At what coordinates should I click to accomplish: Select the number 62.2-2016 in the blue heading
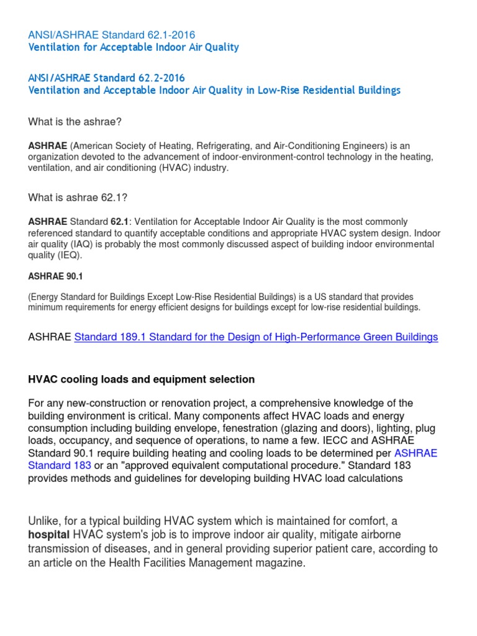(x=160, y=78)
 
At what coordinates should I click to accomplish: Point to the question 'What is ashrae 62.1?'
(x=78, y=198)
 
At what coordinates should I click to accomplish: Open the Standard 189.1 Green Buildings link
(x=256, y=337)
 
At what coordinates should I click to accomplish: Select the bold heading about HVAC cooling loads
(x=142, y=379)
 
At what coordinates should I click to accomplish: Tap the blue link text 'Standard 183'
(x=60, y=465)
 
